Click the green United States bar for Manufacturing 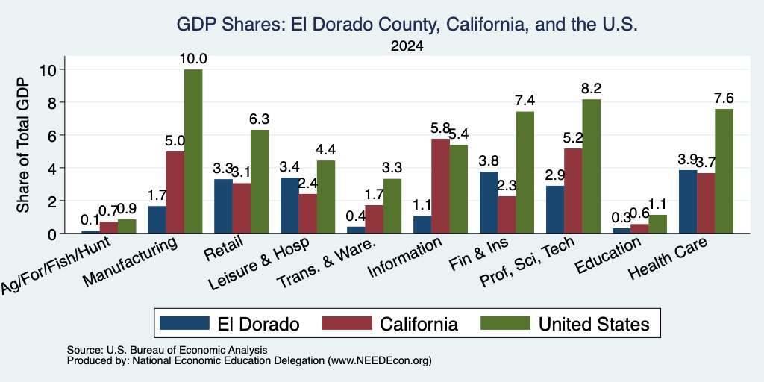(x=193, y=151)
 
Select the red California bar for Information (x=440, y=186)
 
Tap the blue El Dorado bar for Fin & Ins (x=489, y=202)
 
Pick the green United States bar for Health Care (x=724, y=171)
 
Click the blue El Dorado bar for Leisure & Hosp (x=289, y=206)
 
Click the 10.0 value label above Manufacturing (x=193, y=59)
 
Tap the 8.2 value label (x=592, y=89)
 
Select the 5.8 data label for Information (x=440, y=128)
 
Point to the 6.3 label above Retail (x=260, y=119)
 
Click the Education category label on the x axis (x=606, y=257)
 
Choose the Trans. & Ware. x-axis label (x=326, y=263)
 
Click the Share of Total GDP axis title (x=23, y=145)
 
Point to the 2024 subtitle (x=407, y=46)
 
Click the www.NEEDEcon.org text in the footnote (x=380, y=361)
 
